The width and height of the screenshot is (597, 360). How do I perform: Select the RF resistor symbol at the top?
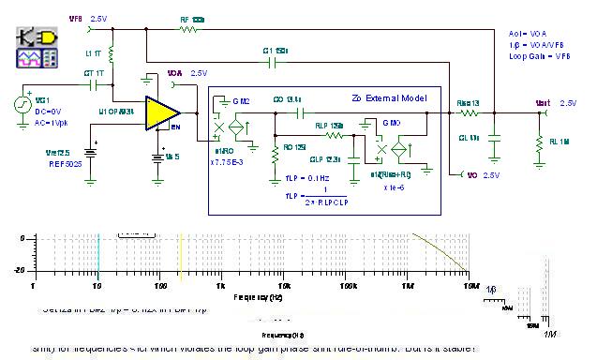pyautogui.click(x=190, y=30)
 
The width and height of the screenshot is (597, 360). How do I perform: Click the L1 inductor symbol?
pyautogui.click(x=112, y=56)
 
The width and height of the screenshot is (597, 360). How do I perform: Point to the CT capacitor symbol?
pyautogui.click(x=93, y=82)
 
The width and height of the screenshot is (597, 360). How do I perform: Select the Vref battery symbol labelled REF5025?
pyautogui.click(x=91, y=151)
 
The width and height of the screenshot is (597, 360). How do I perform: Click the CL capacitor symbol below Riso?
pyautogui.click(x=495, y=137)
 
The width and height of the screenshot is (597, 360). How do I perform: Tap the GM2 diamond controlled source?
pyautogui.click(x=241, y=127)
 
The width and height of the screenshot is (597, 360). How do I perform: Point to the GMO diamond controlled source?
pyautogui.click(x=402, y=147)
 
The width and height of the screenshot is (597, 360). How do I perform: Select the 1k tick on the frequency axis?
pyautogui.click(x=221, y=281)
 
